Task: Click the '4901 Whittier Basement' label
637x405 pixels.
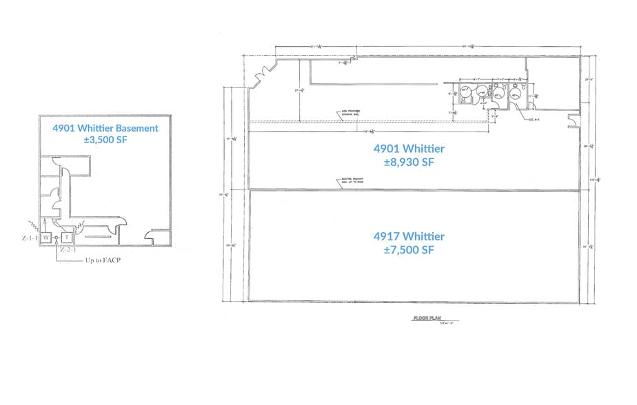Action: [x=105, y=128]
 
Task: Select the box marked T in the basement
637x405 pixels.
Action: [x=68, y=237]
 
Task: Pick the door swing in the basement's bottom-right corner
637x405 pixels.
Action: [x=149, y=238]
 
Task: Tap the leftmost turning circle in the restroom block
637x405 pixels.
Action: [x=465, y=92]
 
